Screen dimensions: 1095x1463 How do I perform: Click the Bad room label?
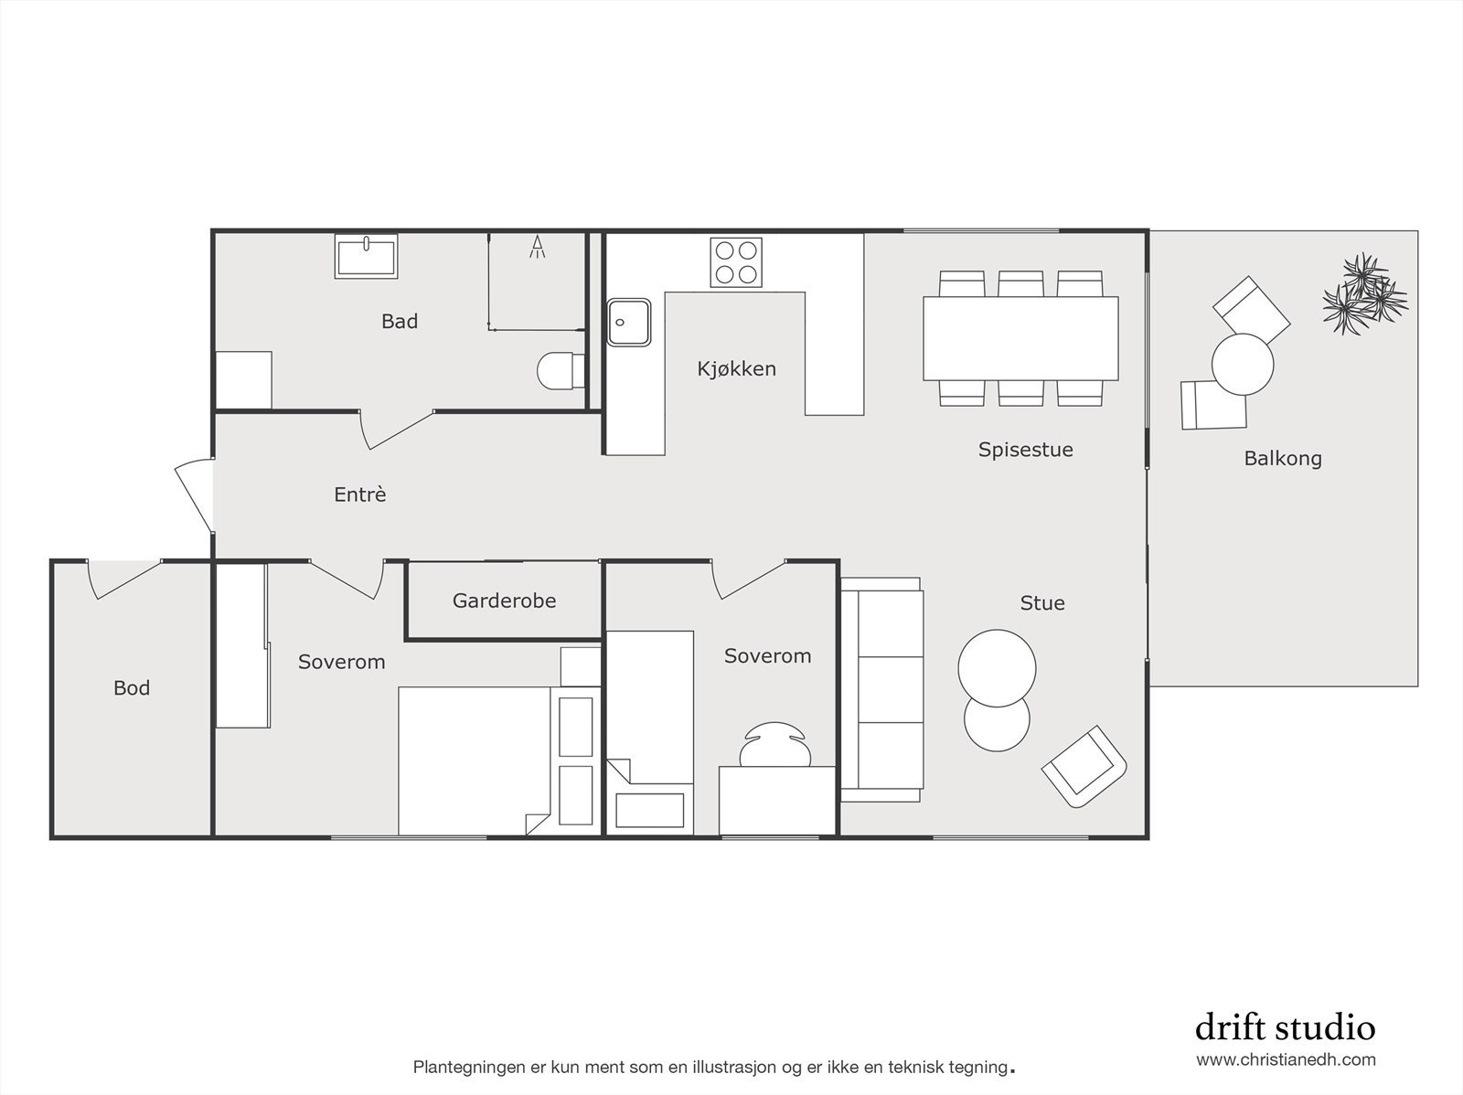point(400,321)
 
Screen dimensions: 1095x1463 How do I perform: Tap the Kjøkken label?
point(736,368)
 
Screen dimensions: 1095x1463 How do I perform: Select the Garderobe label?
point(504,601)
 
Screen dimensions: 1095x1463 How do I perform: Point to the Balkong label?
point(1283,458)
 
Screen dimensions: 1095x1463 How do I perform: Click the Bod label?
point(132,687)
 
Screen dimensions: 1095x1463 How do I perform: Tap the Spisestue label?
point(1025,449)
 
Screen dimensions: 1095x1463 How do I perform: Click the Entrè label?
point(360,494)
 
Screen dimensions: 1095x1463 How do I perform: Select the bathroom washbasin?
point(367,256)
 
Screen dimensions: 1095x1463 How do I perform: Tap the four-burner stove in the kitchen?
point(736,262)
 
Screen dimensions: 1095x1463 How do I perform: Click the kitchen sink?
point(629,322)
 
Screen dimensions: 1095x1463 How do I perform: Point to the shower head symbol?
point(538,247)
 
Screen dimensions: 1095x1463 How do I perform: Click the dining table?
point(1020,338)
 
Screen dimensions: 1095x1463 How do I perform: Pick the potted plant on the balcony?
point(1364,292)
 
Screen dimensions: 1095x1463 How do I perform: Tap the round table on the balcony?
point(1243,364)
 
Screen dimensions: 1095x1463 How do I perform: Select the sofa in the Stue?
point(881,690)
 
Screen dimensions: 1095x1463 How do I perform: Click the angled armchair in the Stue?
point(1084,766)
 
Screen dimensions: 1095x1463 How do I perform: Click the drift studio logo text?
point(1285,1027)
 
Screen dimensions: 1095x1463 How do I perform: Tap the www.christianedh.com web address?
point(1286,1060)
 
